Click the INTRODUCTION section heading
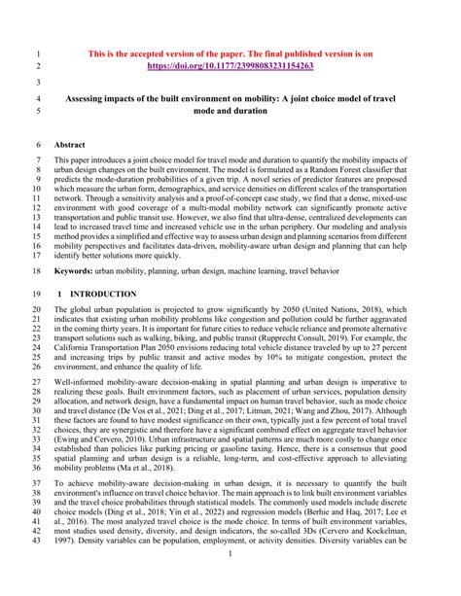tap(113, 293)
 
